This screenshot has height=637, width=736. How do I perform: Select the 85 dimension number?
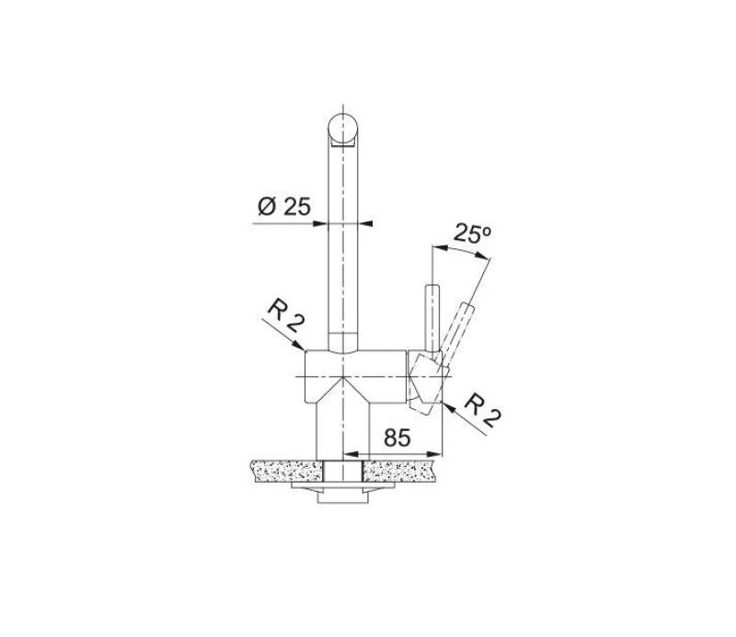397,438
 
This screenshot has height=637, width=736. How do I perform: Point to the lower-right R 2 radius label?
482,411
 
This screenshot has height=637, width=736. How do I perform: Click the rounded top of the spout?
342,127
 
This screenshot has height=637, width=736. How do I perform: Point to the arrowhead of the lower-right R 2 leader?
445,401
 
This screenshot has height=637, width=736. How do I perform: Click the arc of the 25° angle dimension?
466,250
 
